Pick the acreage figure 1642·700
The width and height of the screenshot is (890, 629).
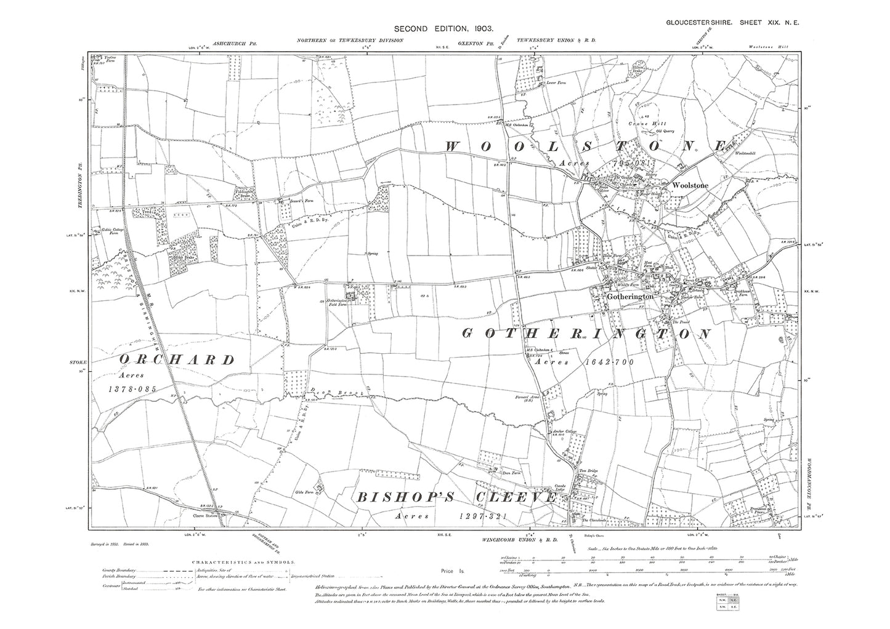(x=609, y=363)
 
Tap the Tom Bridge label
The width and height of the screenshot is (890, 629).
(x=589, y=471)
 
